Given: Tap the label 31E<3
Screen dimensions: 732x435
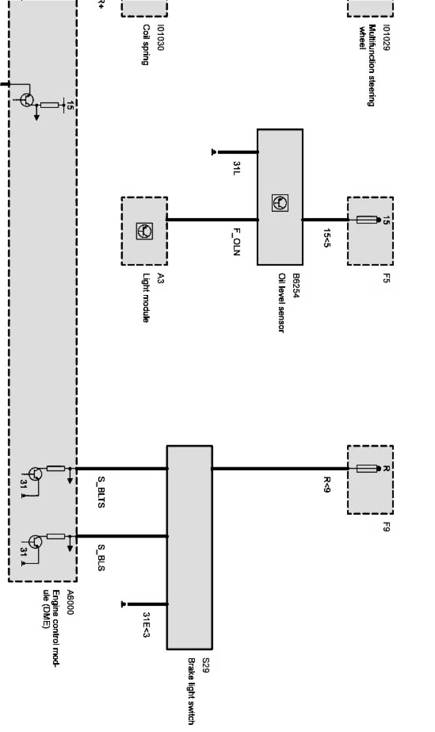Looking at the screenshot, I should pos(146,625).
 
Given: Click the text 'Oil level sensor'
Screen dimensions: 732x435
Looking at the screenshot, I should pos(281,302).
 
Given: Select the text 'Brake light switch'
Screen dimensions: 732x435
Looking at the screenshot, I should pos(191,691).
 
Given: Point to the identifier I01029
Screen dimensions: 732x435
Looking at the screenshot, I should pos(386,38).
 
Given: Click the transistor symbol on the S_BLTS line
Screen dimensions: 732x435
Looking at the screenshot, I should pos(35,474).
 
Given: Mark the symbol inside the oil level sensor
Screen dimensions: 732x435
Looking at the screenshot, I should pos(280,203).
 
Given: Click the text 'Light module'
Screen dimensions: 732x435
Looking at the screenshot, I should pos(145,297).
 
